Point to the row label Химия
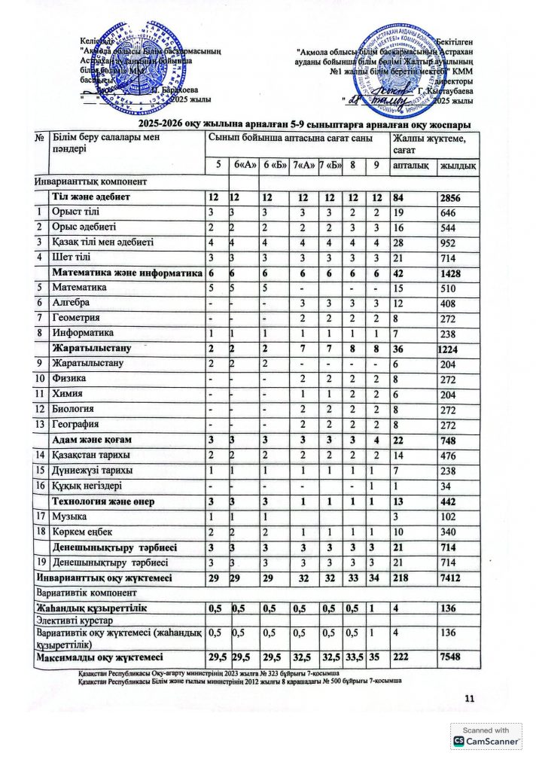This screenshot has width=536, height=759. (x=67, y=395)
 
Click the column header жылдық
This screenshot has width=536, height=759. (x=457, y=164)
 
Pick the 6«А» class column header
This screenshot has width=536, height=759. (x=243, y=164)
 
